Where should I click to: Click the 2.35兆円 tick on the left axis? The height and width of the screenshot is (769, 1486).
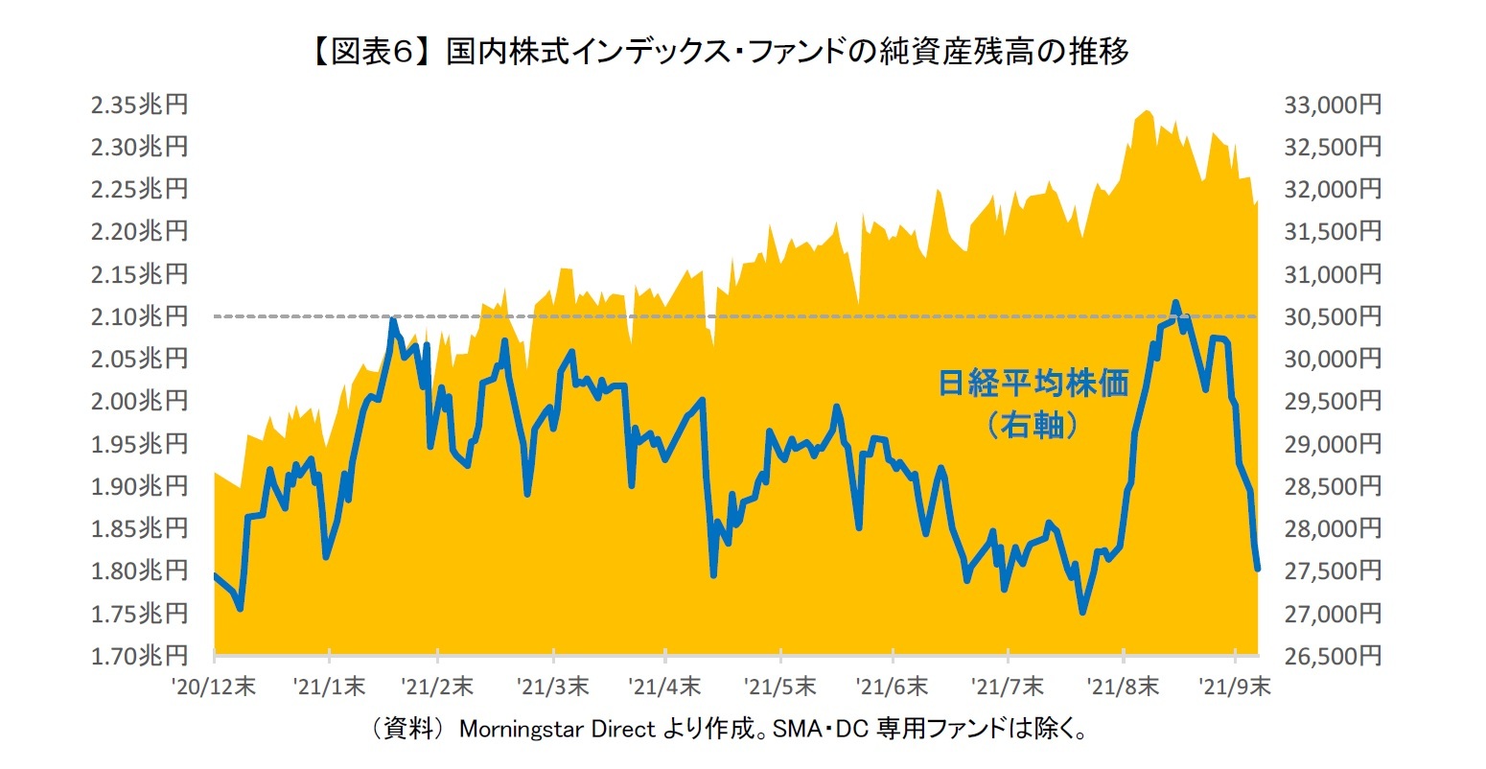pyautogui.click(x=139, y=105)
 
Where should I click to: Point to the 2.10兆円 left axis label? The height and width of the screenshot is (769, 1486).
pyautogui.click(x=139, y=316)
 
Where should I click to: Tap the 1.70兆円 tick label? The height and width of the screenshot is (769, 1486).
pyautogui.click(x=139, y=656)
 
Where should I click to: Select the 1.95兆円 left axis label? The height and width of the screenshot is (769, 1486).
pyautogui.click(x=139, y=444)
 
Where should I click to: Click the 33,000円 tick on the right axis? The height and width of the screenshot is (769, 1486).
pyautogui.click(x=1333, y=105)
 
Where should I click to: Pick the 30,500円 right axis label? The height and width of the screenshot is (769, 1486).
pyautogui.click(x=1333, y=316)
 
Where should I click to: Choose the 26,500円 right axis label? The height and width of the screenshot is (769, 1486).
pyautogui.click(x=1333, y=656)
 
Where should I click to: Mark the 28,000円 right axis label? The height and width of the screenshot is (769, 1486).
pyautogui.click(x=1333, y=528)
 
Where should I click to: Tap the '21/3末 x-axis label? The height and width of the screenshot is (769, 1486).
pyautogui.click(x=553, y=687)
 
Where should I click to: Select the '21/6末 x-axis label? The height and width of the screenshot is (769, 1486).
pyautogui.click(x=892, y=687)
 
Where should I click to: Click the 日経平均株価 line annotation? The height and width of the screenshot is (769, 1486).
pyautogui.click(x=1033, y=384)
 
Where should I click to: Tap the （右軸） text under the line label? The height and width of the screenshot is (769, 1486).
pyautogui.click(x=1033, y=424)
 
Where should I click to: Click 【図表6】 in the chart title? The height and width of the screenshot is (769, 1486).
pyautogui.click(x=370, y=52)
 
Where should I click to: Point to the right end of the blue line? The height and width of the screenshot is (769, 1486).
pyautogui.click(x=1257, y=569)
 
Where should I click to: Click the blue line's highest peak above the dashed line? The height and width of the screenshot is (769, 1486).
pyautogui.click(x=1176, y=303)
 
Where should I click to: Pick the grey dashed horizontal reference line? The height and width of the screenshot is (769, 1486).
pyautogui.click(x=671, y=316)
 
